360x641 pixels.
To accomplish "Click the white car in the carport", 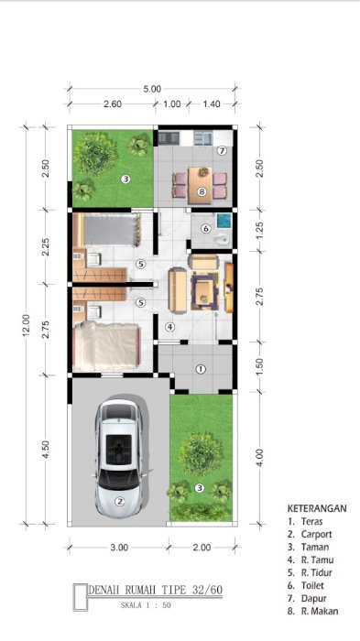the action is [119, 458].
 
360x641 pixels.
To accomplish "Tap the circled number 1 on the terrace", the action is [200, 369].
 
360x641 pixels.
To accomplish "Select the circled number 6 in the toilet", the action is [206, 229].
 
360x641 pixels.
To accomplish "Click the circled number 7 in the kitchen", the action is [222, 151].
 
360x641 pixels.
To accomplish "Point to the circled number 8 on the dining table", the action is [202, 191].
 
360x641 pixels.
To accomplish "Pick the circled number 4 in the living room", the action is [169, 327].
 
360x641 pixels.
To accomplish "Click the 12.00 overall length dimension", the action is [26, 325].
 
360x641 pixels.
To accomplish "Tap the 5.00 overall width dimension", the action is [152, 89].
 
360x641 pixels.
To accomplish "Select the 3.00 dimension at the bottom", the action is [119, 548].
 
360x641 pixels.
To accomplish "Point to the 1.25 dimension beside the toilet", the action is [260, 231].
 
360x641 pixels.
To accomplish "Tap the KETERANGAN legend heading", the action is [317, 508].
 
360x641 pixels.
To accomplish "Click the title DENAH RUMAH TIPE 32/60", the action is [156, 590].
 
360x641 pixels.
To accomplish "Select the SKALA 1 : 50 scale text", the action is [146, 605].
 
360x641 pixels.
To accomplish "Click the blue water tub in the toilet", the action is [224, 221].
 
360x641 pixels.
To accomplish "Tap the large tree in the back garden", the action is [95, 153].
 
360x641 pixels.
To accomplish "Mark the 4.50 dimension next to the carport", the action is [46, 450].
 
